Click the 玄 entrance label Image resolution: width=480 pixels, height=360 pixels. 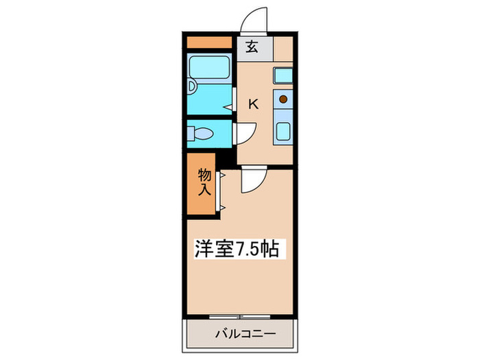point(252,48)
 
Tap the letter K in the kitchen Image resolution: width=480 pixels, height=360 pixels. point(253,104)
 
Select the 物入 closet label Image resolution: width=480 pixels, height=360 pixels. point(204,182)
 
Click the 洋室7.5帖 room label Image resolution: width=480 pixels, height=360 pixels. point(238,249)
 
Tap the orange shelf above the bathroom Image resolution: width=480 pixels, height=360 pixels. point(209,43)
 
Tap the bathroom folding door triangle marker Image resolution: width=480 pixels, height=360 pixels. point(228,108)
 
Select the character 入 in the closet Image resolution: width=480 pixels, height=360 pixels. point(204,191)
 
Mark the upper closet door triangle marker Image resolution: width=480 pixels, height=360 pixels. point(222,176)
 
